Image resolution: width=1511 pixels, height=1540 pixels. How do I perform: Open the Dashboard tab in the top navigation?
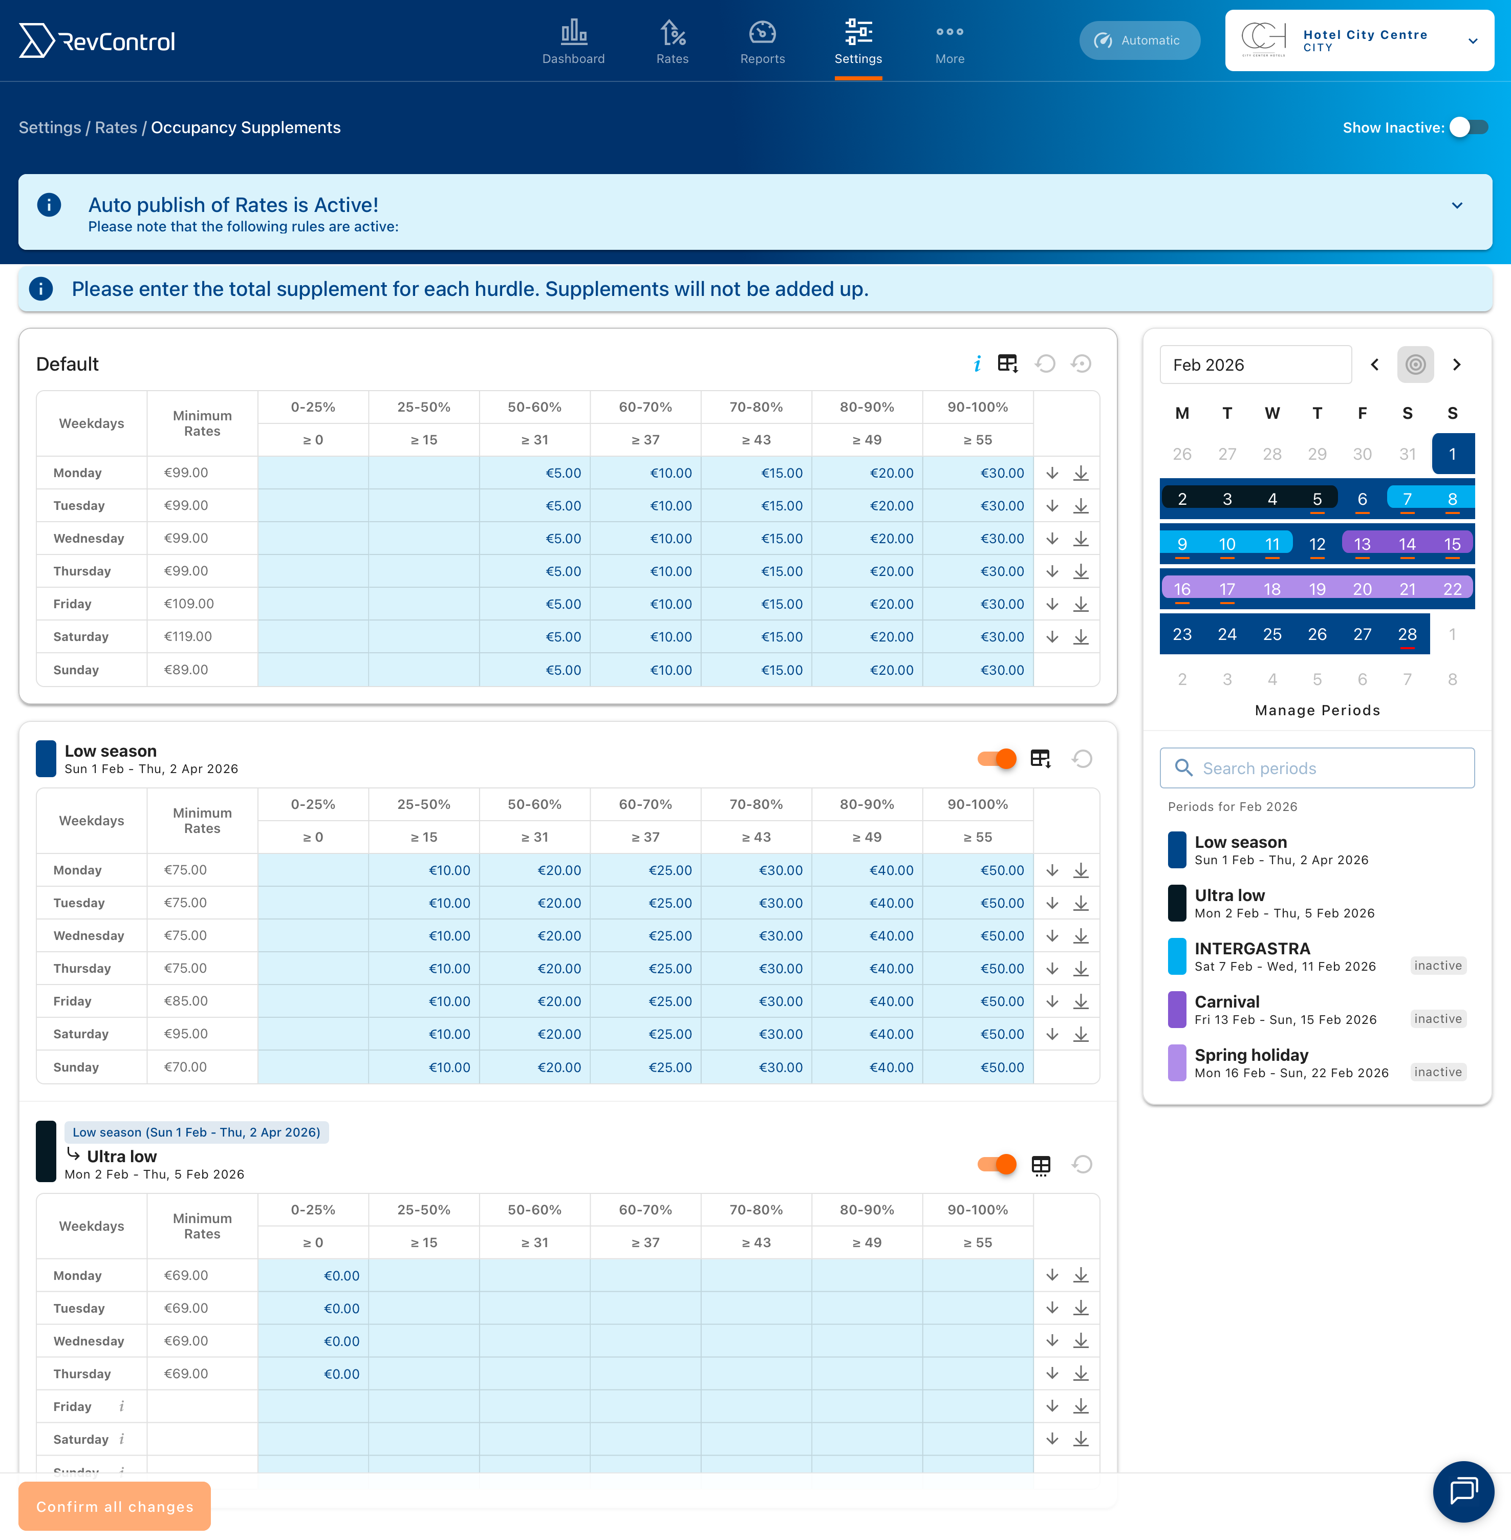[x=573, y=42]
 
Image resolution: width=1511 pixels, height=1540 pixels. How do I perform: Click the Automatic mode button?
[x=1139, y=40]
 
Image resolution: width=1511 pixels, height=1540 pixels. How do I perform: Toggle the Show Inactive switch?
[x=1467, y=128]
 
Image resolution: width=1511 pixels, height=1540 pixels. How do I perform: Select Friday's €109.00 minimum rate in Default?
[x=189, y=604]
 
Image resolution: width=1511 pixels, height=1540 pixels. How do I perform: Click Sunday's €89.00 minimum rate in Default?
[x=186, y=670]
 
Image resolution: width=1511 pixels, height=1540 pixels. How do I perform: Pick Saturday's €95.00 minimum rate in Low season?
[x=186, y=1034]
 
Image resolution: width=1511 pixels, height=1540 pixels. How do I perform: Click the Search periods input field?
[x=1318, y=768]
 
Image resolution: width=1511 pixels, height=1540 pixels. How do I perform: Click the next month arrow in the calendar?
[x=1456, y=365]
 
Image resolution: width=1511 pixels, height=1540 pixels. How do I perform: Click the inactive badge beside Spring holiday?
[x=1437, y=1073]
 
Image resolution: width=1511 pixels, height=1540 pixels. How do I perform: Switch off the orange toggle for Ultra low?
[x=997, y=1165]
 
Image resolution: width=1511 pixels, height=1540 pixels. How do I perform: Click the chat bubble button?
[x=1462, y=1491]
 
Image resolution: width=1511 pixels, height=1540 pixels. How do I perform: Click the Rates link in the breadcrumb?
[x=116, y=128]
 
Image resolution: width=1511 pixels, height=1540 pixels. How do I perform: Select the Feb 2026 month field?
[x=1255, y=365]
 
